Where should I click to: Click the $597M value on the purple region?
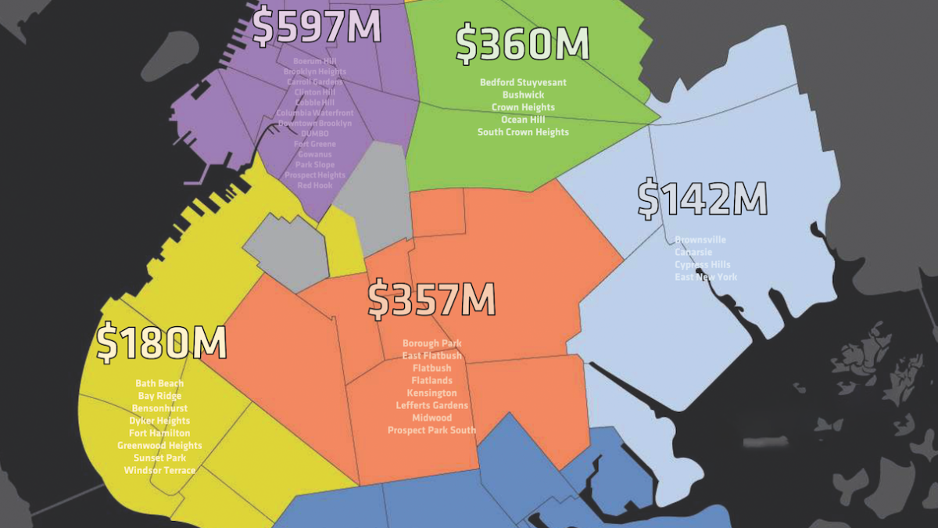(x=317, y=26)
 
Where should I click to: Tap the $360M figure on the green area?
(x=522, y=44)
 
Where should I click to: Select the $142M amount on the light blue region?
(x=702, y=199)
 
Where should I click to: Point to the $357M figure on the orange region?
(x=431, y=300)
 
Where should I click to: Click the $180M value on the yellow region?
(x=162, y=343)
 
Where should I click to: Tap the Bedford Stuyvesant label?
(x=523, y=82)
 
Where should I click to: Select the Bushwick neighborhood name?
(x=523, y=95)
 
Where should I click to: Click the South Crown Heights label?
(x=523, y=132)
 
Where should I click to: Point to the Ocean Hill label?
(x=523, y=120)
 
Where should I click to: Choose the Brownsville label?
(x=700, y=240)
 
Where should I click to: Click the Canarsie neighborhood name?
(x=694, y=253)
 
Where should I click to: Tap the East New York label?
(x=706, y=278)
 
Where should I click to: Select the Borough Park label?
(x=431, y=343)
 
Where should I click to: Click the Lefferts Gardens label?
(x=431, y=405)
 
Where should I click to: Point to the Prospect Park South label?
(x=431, y=430)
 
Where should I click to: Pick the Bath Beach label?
(x=159, y=383)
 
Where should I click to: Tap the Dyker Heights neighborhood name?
(x=159, y=421)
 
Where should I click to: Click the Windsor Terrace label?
(x=159, y=471)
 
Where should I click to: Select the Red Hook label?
(x=315, y=185)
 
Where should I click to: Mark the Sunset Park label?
(x=159, y=458)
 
